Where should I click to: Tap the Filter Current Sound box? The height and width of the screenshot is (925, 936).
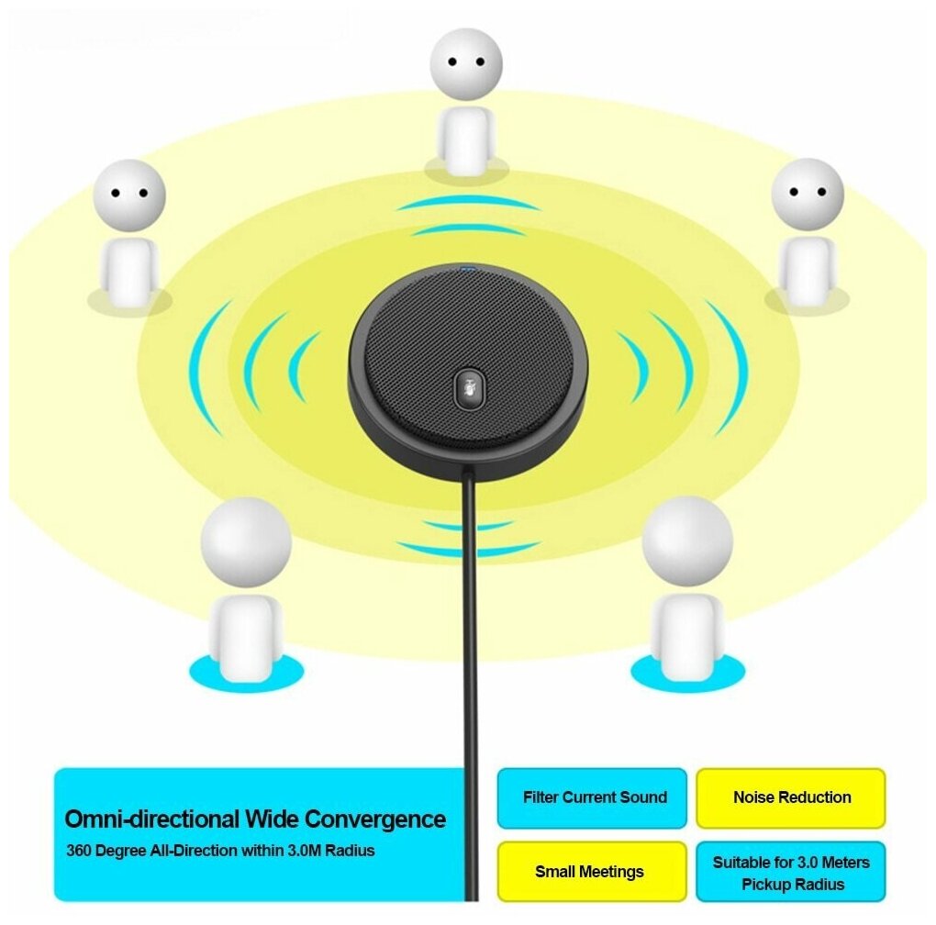tap(594, 797)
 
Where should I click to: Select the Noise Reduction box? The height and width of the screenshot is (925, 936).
tap(791, 797)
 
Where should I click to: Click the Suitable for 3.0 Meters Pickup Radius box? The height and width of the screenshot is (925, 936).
tap(791, 873)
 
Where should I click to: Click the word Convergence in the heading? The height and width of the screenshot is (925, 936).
tap(375, 819)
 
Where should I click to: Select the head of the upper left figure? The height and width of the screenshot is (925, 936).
tap(129, 195)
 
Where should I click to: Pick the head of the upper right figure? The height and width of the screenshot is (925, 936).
tap(807, 194)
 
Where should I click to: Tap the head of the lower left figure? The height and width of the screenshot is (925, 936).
tap(246, 541)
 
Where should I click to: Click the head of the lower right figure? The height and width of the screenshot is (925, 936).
tap(687, 541)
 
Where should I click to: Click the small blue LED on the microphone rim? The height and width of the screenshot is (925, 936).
tap(469, 270)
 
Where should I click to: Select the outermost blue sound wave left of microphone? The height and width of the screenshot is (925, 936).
tap(205, 367)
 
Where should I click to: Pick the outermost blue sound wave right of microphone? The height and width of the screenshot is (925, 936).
tap(730, 367)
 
